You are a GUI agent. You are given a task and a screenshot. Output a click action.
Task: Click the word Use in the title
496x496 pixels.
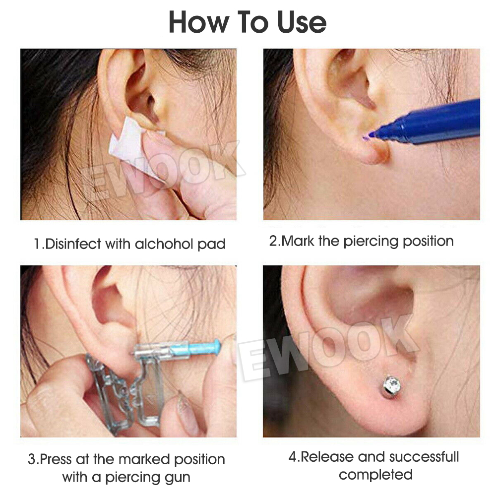pyautogui.click(x=302, y=22)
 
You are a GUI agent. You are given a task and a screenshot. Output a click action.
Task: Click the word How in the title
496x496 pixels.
pyautogui.click(x=199, y=22)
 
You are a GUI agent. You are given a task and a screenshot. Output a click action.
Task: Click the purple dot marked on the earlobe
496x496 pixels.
pyautogui.click(x=367, y=137)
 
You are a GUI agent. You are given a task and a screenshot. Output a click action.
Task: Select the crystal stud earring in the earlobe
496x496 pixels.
pyautogui.click(x=392, y=386)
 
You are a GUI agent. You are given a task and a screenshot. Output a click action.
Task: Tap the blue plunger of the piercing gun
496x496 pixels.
pyautogui.click(x=196, y=348)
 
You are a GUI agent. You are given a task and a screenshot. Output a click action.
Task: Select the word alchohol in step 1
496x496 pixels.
pyautogui.click(x=164, y=244)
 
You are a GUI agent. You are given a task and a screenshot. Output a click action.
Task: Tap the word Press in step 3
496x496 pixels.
pyautogui.click(x=56, y=459)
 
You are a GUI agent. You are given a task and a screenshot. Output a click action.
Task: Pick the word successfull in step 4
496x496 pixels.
pyautogui.click(x=424, y=457)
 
